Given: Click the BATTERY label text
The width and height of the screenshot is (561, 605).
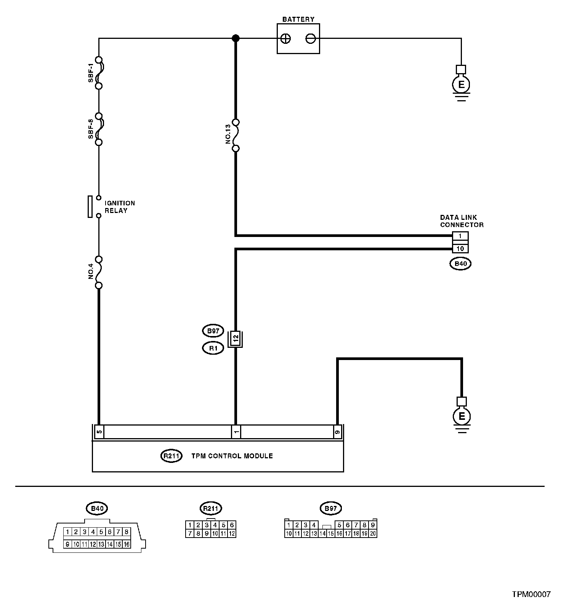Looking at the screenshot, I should click(298, 19).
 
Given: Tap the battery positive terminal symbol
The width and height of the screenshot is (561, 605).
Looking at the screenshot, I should click(286, 38).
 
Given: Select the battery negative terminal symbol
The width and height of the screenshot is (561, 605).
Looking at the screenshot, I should click(311, 38).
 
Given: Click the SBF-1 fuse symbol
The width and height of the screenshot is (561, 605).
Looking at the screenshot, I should click(99, 73).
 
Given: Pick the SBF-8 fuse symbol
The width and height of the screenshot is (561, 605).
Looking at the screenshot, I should click(99, 129).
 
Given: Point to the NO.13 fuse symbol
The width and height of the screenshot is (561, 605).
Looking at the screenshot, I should click(236, 135).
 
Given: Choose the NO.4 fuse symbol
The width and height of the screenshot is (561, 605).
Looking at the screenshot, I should click(99, 272).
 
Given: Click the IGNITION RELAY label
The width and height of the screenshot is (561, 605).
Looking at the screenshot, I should click(119, 207).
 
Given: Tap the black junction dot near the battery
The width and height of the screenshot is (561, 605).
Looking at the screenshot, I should click(236, 38).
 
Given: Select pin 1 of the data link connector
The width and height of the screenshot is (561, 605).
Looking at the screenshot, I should click(460, 236).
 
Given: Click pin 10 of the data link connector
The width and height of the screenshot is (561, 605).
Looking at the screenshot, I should click(460, 249).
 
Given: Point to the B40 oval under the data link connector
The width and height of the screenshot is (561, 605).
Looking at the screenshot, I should click(460, 263).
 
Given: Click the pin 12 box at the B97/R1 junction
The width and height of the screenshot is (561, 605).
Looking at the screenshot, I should click(236, 338).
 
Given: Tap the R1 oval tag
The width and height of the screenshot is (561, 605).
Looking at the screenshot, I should click(213, 348).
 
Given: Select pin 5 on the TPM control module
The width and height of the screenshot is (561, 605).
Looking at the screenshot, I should click(99, 432).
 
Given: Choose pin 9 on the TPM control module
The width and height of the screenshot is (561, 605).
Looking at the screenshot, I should click(337, 432).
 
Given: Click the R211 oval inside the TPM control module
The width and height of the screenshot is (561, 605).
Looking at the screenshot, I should click(172, 456).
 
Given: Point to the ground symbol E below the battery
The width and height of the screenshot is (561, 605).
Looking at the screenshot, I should click(462, 85).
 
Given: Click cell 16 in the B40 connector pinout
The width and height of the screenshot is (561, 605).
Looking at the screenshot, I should click(127, 544).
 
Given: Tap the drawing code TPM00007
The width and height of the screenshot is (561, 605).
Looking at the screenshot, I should click(531, 594).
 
